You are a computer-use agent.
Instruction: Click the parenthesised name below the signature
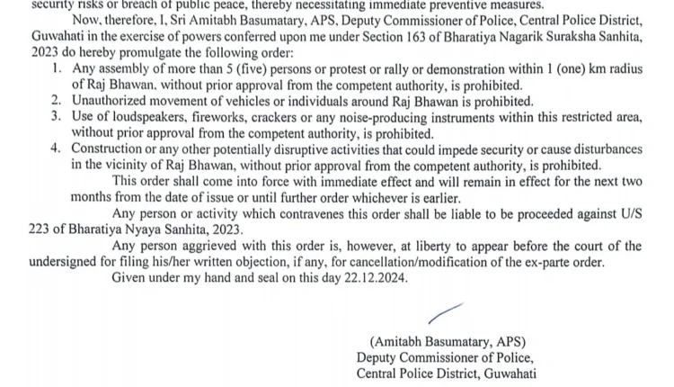click(447, 342)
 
